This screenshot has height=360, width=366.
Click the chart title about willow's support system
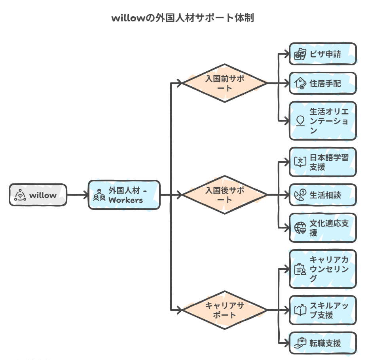(x=183, y=18)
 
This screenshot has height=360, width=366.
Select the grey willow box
(x=38, y=195)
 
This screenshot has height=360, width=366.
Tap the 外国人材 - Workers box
(x=124, y=195)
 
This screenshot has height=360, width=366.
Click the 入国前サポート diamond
(x=225, y=83)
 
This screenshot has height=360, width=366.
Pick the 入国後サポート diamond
(x=225, y=195)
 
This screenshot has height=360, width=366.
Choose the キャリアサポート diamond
(x=225, y=310)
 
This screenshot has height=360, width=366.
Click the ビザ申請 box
(x=322, y=54)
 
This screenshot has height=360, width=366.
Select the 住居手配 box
(x=322, y=83)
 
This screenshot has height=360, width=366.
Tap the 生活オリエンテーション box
(x=322, y=121)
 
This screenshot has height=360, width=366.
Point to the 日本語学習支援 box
(x=322, y=162)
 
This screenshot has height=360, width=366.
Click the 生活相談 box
(x=322, y=195)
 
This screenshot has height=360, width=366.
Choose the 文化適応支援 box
(x=322, y=228)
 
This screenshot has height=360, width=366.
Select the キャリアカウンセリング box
(x=322, y=269)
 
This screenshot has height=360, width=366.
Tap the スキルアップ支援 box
(x=322, y=310)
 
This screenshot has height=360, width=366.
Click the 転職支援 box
(x=322, y=343)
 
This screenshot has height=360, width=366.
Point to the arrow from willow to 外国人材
(x=77, y=195)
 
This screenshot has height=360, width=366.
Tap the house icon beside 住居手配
(x=301, y=83)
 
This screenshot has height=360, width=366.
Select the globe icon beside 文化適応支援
(x=301, y=228)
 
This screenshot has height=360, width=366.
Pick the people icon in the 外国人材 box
(x=99, y=195)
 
